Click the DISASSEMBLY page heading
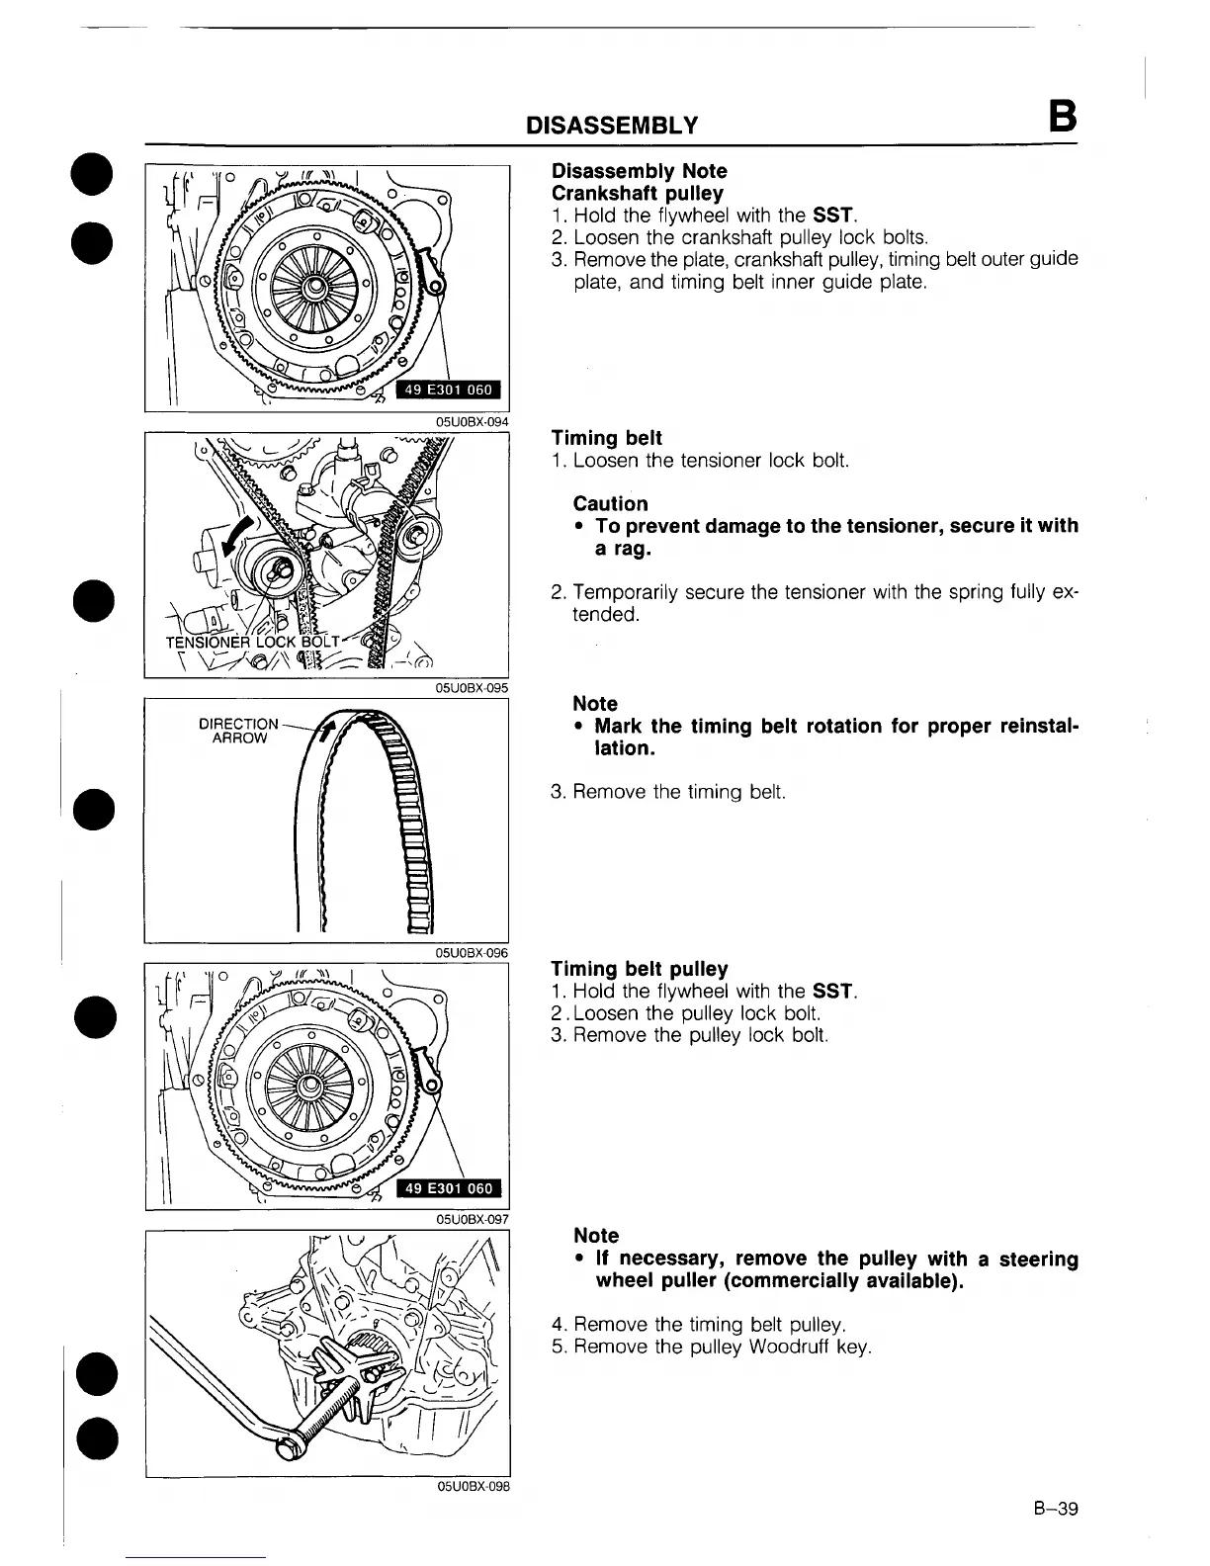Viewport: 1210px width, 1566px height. [612, 126]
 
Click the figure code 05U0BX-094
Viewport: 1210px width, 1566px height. [473, 421]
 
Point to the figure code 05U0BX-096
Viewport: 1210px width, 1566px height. [473, 953]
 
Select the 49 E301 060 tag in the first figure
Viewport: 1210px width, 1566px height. [450, 391]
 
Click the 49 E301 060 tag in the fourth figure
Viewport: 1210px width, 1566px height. [450, 1189]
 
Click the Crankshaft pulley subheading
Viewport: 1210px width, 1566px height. [637, 194]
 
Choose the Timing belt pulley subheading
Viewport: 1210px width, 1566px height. [639, 969]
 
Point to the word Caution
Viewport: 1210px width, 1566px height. [610, 504]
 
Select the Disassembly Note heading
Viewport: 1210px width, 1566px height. [639, 171]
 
